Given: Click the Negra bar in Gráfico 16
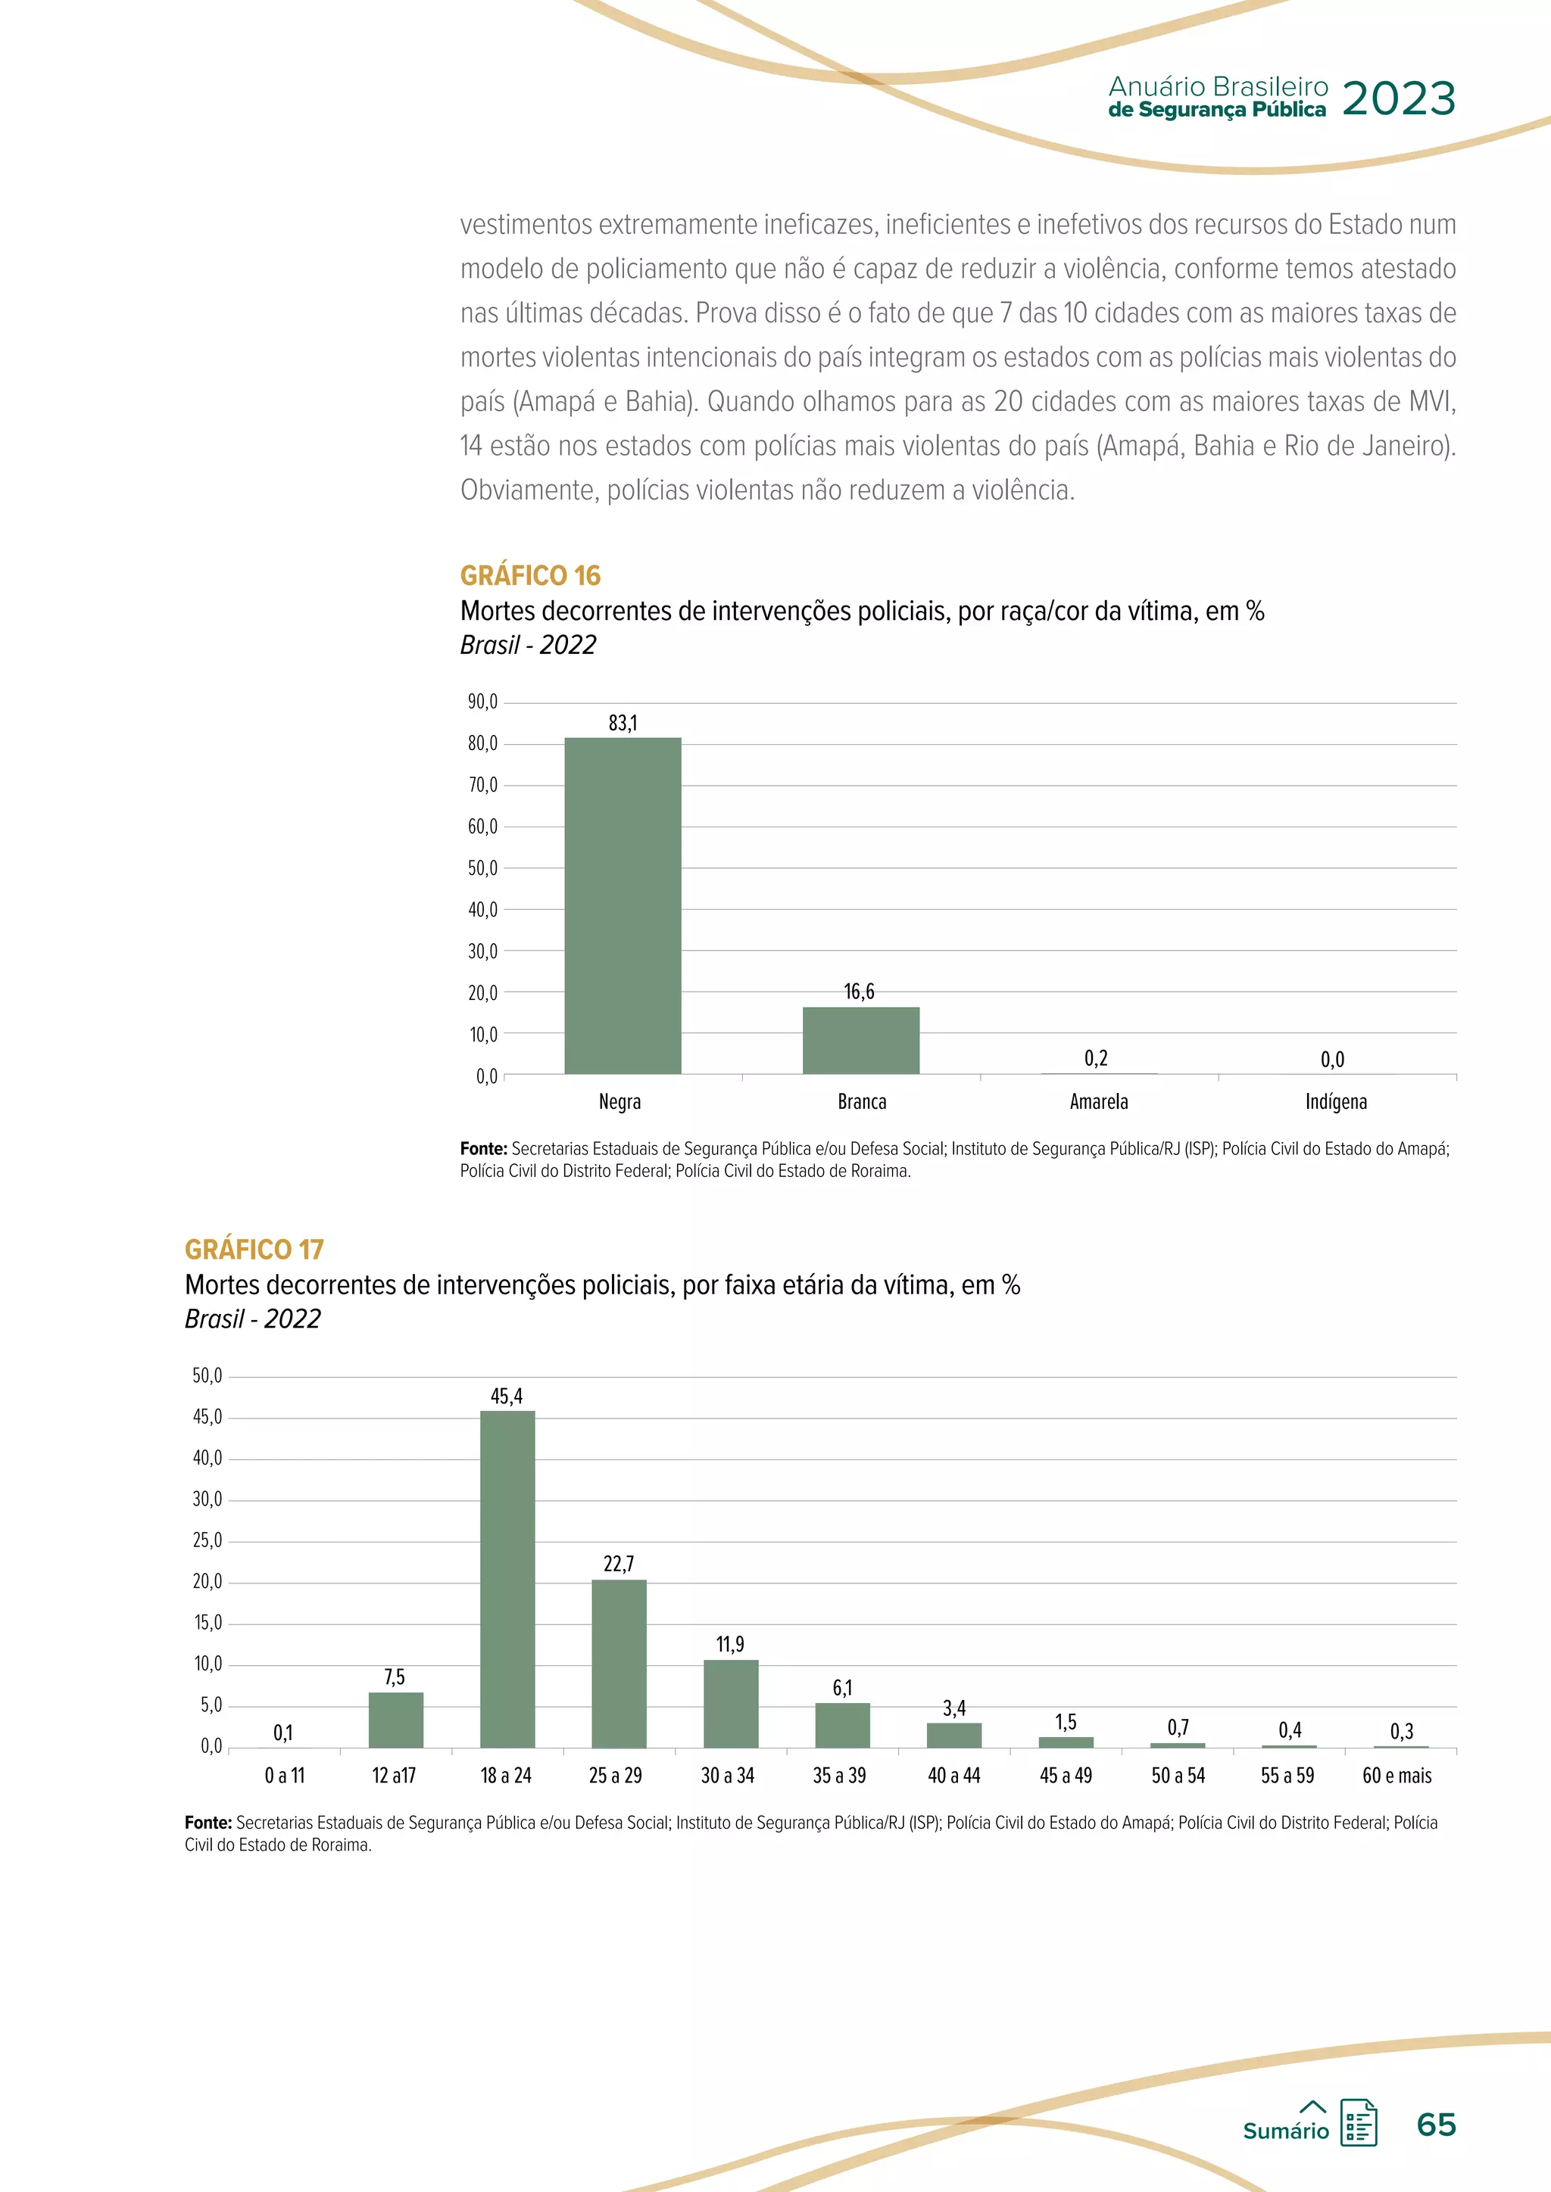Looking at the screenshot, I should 623,905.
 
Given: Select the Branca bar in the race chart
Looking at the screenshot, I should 860,1040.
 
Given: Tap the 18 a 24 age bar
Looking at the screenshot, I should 507,1578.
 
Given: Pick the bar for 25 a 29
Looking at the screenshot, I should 619,1663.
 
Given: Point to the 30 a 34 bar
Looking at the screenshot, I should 731,1703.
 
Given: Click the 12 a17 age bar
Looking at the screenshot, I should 395,1720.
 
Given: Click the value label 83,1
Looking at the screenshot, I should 623,723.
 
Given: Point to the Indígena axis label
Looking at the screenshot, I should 1335,1102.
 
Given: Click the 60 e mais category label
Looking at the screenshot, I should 1397,1775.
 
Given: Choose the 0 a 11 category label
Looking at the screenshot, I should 285,1775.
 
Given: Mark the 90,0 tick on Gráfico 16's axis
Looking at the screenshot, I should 482,702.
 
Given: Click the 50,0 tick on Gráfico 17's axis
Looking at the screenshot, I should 208,1376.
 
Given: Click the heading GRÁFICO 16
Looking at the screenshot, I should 530,576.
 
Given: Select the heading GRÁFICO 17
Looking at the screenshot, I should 254,1249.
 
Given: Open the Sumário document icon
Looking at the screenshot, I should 1358,2122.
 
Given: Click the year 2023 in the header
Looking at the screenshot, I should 1398,98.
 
